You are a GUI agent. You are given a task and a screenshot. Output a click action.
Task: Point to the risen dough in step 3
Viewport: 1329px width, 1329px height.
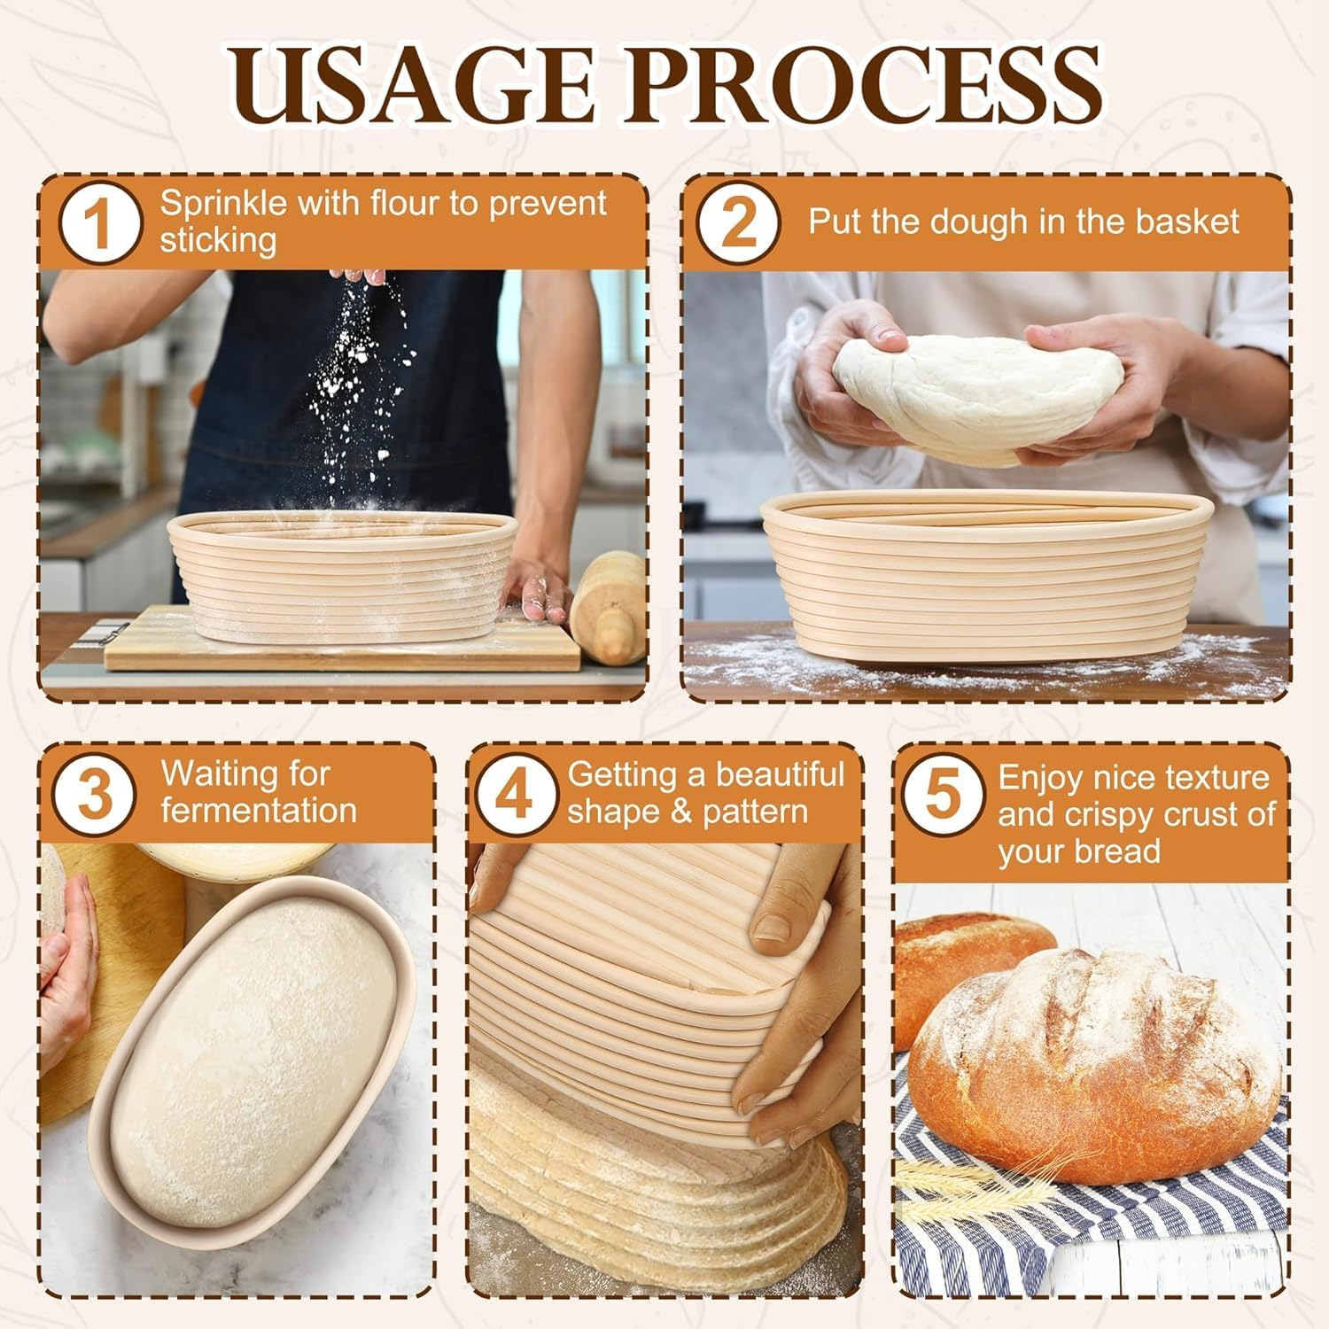pyautogui.click(x=257, y=1045)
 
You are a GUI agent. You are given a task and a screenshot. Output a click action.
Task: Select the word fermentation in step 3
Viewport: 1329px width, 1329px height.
pyautogui.click(x=259, y=811)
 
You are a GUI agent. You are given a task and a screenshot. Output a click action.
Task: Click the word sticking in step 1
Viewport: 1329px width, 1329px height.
pyautogui.click(x=218, y=241)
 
